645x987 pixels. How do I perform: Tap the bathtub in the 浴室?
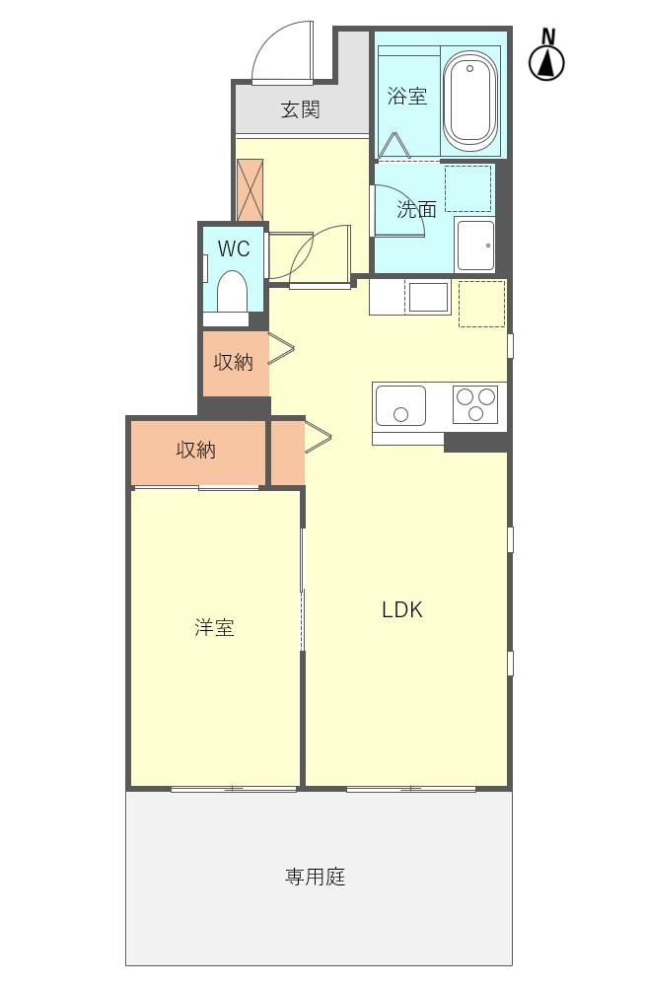(x=470, y=100)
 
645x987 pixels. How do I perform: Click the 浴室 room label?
(x=407, y=97)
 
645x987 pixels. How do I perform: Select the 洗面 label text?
(x=416, y=209)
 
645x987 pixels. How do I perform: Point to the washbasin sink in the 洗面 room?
(x=475, y=245)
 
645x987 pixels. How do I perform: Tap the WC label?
(x=234, y=248)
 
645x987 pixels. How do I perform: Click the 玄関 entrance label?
(x=300, y=109)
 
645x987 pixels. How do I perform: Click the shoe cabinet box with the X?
(x=251, y=189)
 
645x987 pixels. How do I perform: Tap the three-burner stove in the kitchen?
(x=475, y=404)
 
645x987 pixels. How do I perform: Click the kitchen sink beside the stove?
(x=400, y=405)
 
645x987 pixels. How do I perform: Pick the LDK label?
(x=402, y=610)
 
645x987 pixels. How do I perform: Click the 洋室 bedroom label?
(x=214, y=628)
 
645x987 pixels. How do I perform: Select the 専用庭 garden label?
(x=316, y=877)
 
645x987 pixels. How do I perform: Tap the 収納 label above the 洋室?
(x=196, y=451)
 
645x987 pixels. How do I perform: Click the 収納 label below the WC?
(x=234, y=363)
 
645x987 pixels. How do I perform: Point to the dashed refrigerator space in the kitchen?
(x=481, y=304)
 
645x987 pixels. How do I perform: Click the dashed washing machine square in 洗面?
(x=467, y=188)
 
